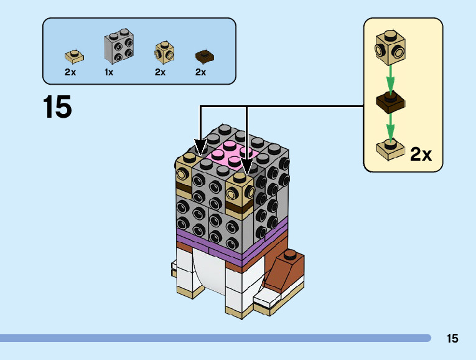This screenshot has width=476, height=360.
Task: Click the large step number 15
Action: tap(57, 107)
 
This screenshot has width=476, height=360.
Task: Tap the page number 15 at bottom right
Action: tap(452, 339)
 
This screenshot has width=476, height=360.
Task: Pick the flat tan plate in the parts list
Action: tap(74, 57)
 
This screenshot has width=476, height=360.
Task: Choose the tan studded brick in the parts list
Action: tap(164, 52)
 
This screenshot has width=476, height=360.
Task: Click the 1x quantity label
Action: tap(109, 72)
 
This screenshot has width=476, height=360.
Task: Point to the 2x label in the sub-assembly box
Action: tap(421, 154)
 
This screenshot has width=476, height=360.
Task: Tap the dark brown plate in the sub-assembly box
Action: tap(390, 103)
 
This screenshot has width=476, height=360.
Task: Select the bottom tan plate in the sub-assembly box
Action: tap(390, 149)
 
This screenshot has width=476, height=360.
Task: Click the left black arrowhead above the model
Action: tap(200, 148)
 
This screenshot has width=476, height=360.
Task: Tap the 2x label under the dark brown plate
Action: tap(200, 72)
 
